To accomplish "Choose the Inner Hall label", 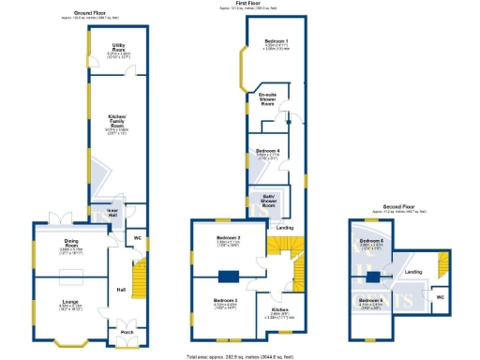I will click(112, 212).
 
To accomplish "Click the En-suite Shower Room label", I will click(268, 98).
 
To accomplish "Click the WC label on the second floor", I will click(440, 298).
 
